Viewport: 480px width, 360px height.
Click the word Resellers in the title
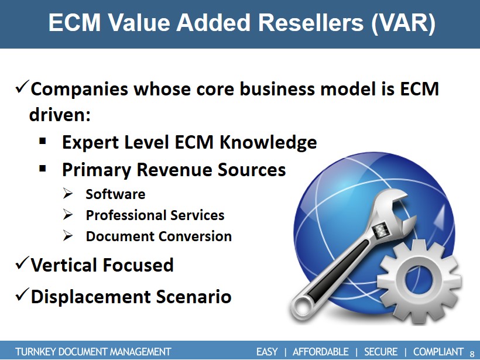(x=311, y=22)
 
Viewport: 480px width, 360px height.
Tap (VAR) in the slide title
(x=403, y=23)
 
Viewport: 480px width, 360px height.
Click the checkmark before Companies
(x=22, y=87)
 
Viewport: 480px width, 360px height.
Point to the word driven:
(x=60, y=115)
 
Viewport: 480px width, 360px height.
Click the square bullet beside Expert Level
(x=43, y=141)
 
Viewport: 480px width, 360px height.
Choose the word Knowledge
(x=268, y=143)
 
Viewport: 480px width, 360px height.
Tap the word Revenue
(x=174, y=169)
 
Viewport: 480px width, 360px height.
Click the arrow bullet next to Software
(x=68, y=194)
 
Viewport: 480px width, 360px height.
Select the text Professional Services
(x=155, y=215)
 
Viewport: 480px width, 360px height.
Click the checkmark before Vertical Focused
(x=22, y=263)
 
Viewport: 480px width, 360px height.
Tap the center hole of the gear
(x=419, y=280)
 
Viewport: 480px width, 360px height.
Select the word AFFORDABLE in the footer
(x=321, y=351)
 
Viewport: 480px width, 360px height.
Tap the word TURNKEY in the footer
(x=36, y=351)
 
